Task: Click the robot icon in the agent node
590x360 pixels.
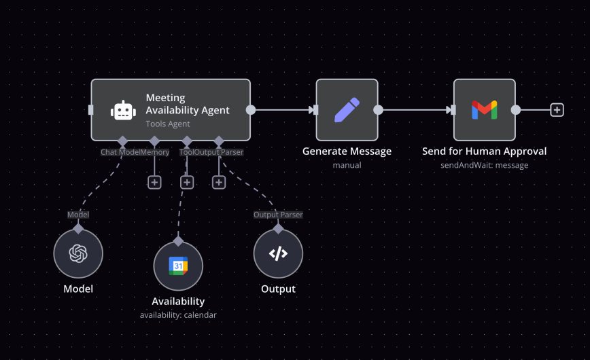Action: coord(123,110)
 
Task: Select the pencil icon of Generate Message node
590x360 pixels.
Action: coord(347,110)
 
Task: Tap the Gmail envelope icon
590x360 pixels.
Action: coord(484,110)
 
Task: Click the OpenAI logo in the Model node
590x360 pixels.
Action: coord(78,253)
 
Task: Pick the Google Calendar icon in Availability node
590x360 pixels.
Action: coord(178,266)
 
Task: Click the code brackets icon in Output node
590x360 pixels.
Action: coord(278,253)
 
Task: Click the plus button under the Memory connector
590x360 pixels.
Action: coord(154,182)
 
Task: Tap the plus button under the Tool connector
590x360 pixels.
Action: coord(187,182)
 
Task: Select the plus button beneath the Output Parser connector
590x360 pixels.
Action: coord(219,182)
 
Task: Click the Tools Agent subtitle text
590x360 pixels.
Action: coord(168,124)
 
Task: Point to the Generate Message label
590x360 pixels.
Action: coord(347,151)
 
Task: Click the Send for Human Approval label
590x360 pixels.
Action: coord(484,151)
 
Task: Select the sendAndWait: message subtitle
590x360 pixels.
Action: coord(484,165)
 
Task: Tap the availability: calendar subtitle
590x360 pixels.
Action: coord(178,315)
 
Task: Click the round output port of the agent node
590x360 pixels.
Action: coord(251,110)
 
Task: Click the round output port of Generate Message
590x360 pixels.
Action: coord(378,110)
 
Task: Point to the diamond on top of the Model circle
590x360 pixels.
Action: coord(78,229)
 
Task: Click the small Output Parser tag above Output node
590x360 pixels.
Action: coord(278,215)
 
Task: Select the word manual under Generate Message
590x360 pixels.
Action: coord(347,165)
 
